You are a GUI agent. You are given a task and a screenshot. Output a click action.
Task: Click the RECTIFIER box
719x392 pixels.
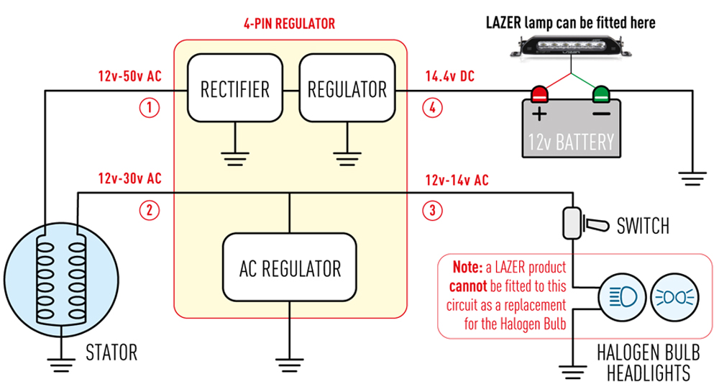(235, 90)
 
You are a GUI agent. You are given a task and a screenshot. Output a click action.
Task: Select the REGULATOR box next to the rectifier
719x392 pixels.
(347, 90)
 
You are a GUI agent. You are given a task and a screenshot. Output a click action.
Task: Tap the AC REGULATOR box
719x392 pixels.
(290, 268)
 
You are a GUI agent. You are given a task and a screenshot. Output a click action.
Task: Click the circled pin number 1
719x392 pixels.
(148, 109)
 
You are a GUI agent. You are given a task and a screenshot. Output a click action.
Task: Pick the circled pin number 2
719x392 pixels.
(148, 211)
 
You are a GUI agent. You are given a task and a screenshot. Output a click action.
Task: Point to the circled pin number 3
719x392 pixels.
(432, 211)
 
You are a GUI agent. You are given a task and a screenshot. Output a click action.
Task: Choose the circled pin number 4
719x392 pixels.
(432, 109)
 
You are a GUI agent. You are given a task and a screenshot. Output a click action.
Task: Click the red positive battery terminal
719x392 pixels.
(539, 94)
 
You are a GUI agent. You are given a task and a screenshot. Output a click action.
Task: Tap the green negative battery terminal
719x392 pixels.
(600, 94)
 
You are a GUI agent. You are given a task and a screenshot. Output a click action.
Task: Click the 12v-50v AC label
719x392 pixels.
(130, 76)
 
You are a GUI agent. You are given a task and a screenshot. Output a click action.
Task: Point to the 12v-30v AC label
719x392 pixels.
(130, 178)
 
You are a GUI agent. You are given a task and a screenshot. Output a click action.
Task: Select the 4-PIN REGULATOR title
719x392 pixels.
(290, 24)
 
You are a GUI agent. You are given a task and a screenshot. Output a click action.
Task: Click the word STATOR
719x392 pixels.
(111, 352)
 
